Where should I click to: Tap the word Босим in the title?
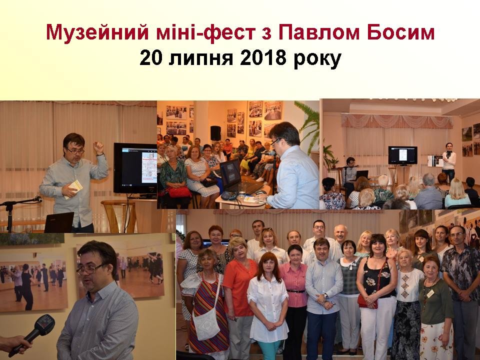point(400,32)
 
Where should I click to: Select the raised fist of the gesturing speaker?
point(98,147)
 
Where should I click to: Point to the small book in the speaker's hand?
point(73,189)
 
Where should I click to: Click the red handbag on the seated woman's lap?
point(179,192)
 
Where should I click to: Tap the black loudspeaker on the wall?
point(215,133)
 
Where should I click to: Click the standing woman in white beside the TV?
point(448,162)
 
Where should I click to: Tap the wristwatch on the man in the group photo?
point(326,296)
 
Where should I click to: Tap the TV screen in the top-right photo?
point(402,155)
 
